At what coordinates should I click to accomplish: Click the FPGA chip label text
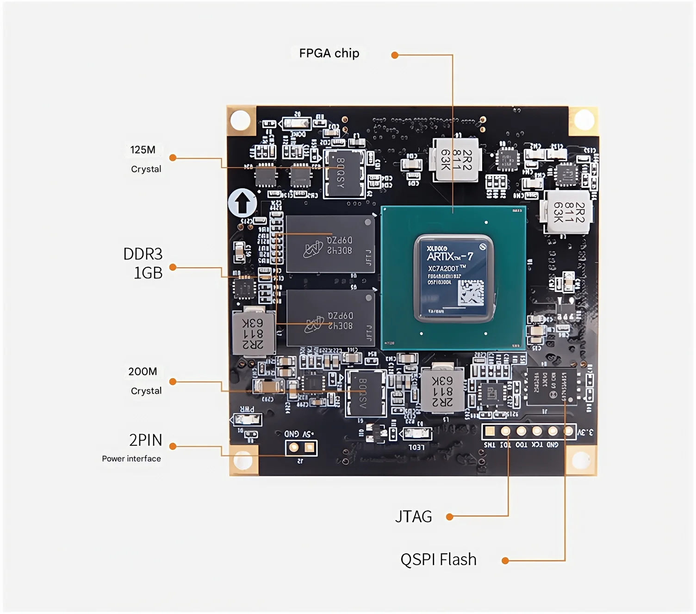pyautogui.click(x=329, y=54)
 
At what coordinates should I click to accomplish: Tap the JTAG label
pyautogui.click(x=413, y=516)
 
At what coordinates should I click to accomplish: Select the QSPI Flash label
pyautogui.click(x=438, y=559)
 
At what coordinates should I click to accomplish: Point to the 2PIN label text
pyautogui.click(x=146, y=440)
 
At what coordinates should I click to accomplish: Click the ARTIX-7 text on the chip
pyautogui.click(x=449, y=257)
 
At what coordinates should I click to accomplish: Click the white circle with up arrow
pyautogui.click(x=242, y=203)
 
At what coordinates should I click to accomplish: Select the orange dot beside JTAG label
pyautogui.click(x=449, y=516)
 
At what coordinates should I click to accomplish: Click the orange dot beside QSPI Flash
pyautogui.click(x=505, y=561)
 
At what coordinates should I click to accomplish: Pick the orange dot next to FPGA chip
pyautogui.click(x=395, y=55)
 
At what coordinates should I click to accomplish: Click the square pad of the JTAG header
pyautogui.click(x=490, y=431)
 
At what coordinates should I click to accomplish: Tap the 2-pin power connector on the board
pyautogui.click(x=301, y=448)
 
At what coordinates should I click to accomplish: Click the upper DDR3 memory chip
pyautogui.click(x=330, y=244)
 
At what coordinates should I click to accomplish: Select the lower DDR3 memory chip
pyautogui.click(x=330, y=318)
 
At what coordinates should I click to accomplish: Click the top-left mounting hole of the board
pyautogui.click(x=240, y=120)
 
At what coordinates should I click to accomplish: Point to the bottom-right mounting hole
pyautogui.click(x=581, y=460)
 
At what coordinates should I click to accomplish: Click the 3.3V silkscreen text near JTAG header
pyautogui.click(x=585, y=432)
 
